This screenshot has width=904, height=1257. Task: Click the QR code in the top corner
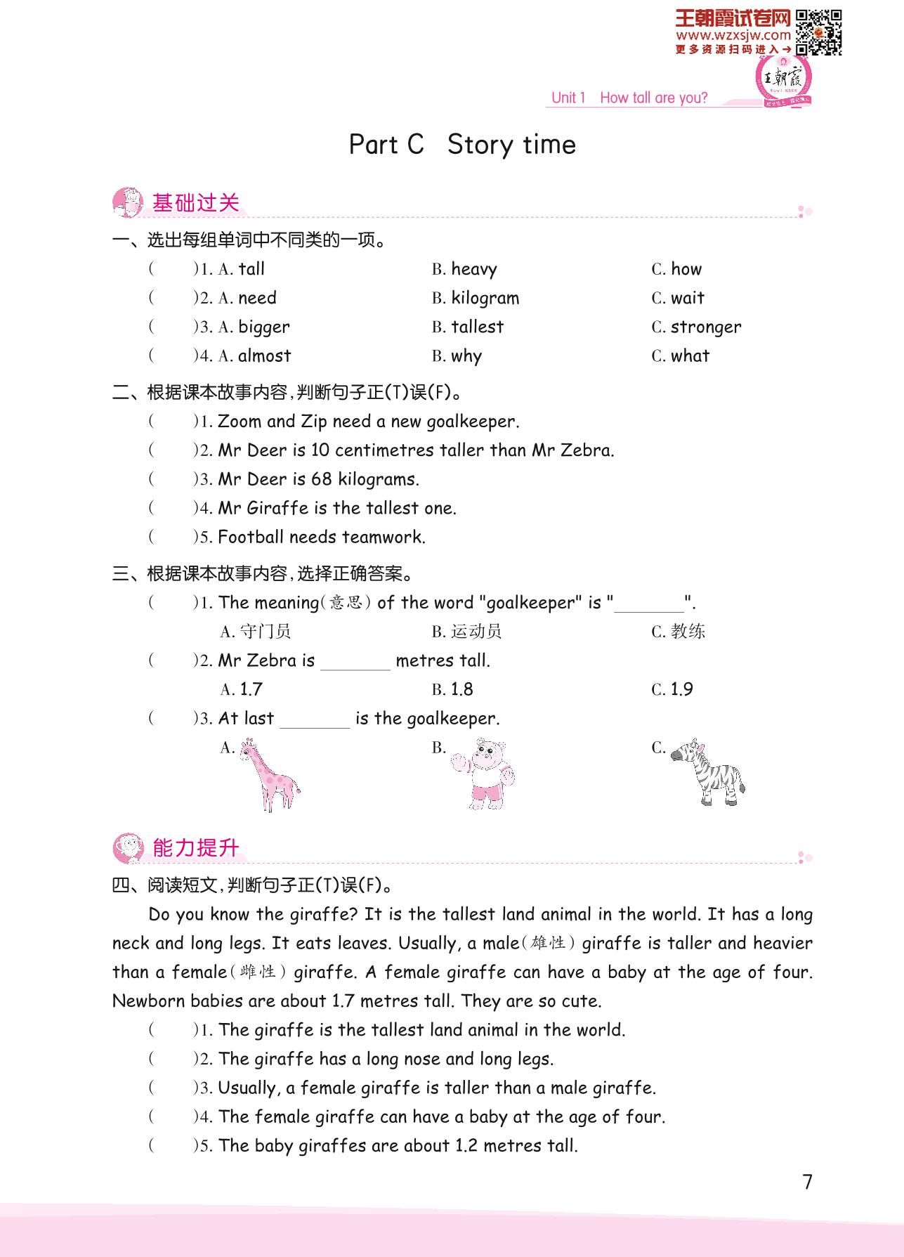click(819, 32)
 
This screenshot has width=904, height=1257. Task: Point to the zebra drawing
click(707, 772)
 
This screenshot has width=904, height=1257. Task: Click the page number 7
click(807, 1182)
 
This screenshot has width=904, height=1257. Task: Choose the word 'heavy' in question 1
click(473, 269)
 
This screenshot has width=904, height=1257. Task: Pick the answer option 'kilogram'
click(485, 298)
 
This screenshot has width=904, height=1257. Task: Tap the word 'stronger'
click(705, 327)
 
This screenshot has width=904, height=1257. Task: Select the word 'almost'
click(264, 356)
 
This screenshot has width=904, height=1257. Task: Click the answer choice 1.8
click(461, 689)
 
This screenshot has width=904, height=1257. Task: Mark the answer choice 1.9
click(681, 689)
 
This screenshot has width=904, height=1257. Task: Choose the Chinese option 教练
click(688, 632)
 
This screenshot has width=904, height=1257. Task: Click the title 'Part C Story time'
click(462, 145)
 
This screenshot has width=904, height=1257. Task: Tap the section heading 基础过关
click(196, 203)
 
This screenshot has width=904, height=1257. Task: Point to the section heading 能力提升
click(196, 848)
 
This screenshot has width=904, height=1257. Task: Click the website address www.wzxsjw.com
click(733, 35)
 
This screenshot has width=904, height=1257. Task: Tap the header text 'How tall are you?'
click(653, 98)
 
